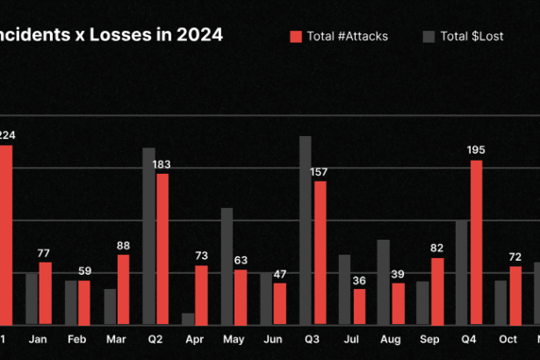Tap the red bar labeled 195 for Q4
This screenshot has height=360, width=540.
[476, 241]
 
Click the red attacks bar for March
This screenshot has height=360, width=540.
[123, 289]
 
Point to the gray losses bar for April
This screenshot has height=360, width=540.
[188, 318]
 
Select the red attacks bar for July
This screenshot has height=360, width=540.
[359, 306]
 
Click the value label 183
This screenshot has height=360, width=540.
[162, 164]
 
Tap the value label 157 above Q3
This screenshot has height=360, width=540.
[319, 171]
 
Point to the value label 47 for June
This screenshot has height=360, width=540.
[280, 274]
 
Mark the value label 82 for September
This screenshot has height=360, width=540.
[437, 248]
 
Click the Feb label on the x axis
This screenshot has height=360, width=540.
[77, 339]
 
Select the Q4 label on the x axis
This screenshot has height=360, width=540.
[468, 339]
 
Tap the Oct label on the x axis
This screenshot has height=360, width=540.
[508, 339]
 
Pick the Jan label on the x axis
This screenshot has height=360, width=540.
[38, 339]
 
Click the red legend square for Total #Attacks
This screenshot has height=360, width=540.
[296, 37]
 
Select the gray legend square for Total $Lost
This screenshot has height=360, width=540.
[428, 37]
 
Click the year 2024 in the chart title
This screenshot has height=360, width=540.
[198, 35]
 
